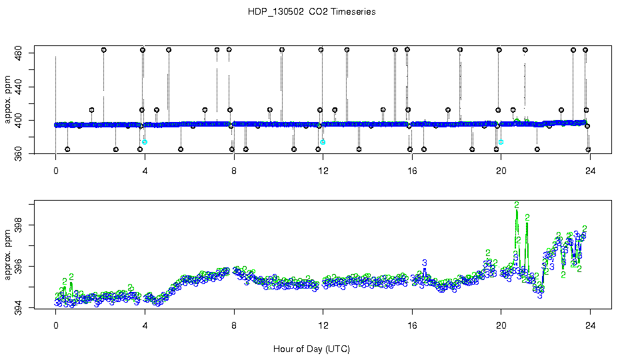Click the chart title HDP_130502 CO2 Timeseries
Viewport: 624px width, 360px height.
coord(311,12)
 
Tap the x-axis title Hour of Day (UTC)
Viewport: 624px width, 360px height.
coord(311,349)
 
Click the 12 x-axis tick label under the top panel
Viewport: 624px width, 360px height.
coord(323,170)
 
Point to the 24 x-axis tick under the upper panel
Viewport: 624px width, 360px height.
coord(590,170)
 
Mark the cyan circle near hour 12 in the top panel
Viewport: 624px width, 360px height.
coord(323,142)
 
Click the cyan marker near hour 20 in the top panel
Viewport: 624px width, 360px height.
coord(501,142)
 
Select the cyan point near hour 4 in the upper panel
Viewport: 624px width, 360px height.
coord(145,142)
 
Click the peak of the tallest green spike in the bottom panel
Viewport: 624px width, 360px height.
coord(516,204)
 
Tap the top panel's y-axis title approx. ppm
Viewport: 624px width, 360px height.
coord(9,103)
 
